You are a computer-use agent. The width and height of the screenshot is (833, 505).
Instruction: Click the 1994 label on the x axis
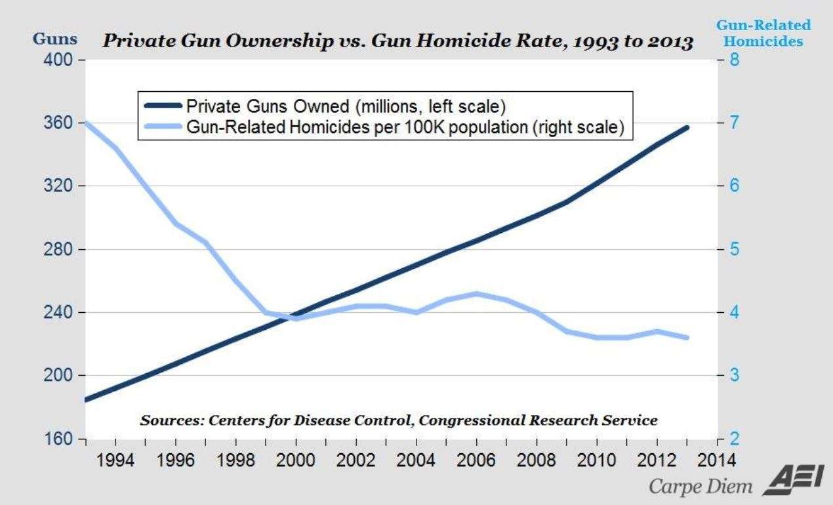116,457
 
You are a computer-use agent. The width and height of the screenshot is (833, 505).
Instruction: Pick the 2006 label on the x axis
476,457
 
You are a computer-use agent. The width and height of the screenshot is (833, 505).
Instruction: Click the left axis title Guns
54,39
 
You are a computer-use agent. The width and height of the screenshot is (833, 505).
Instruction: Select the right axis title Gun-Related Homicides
763,33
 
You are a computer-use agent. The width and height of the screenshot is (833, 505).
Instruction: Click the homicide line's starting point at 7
87,123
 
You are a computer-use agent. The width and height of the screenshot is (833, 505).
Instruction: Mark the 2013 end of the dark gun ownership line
687,127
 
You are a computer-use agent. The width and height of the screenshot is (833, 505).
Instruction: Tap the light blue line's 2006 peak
476,293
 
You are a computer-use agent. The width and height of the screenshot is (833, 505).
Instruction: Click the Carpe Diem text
699,487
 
